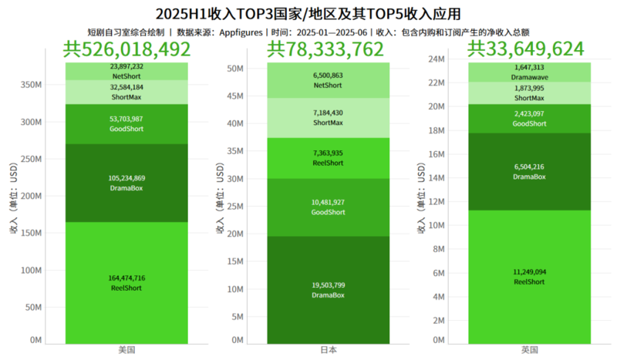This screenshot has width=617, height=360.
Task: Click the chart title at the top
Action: (x=308, y=13)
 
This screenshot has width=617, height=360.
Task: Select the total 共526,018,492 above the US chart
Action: (x=126, y=50)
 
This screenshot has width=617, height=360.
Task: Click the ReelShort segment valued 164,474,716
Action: (x=127, y=282)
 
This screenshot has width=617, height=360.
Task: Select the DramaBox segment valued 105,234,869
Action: (x=127, y=182)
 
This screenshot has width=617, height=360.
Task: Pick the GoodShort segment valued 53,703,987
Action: (x=127, y=123)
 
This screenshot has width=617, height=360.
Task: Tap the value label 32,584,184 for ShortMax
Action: (x=127, y=88)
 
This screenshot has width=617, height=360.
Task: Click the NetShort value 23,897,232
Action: (x=127, y=67)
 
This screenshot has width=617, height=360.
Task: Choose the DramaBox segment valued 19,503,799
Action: (x=329, y=290)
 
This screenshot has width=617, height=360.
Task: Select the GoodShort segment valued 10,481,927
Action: (x=329, y=207)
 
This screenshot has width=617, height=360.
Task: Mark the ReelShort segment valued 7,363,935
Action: (x=329, y=158)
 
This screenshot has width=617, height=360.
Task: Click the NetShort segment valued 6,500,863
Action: (x=329, y=80)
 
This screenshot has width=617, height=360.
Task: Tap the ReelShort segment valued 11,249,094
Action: (x=528, y=277)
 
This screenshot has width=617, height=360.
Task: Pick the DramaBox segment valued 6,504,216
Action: (x=528, y=171)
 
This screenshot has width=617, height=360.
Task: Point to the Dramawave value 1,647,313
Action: (x=528, y=68)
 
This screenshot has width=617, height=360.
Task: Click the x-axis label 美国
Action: (x=126, y=350)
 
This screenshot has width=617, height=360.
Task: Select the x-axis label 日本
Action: (x=329, y=350)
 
